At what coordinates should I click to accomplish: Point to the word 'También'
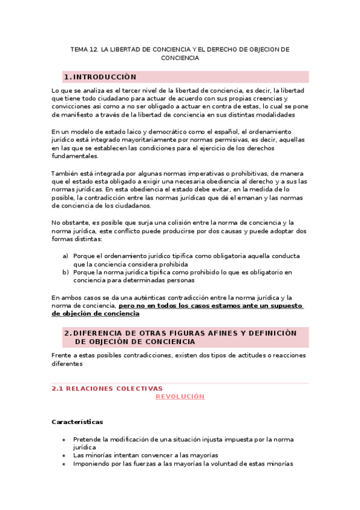tap(66, 173)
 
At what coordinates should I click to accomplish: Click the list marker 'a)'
tap(66, 256)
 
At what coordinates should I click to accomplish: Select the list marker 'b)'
tap(66, 272)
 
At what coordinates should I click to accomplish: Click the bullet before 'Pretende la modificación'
tap(64, 440)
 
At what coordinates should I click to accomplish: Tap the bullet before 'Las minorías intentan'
tap(64, 456)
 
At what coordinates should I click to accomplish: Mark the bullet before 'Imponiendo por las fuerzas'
tap(64, 464)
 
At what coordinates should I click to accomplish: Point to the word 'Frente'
tap(63, 355)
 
